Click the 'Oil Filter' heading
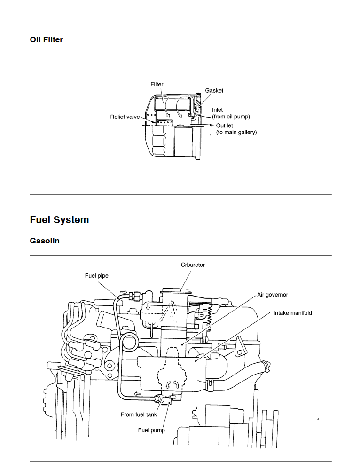pyautogui.click(x=47, y=40)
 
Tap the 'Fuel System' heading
pyautogui.click(x=60, y=220)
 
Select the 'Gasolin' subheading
pyautogui.click(x=45, y=241)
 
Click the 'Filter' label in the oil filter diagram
pyautogui.click(x=157, y=85)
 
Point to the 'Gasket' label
pyautogui.click(x=214, y=91)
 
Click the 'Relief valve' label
pyautogui.click(x=125, y=117)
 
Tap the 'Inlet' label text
pyautogui.click(x=217, y=110)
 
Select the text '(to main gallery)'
pyautogui.click(x=236, y=133)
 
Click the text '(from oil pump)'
pyautogui.click(x=231, y=117)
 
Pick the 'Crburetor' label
pyautogui.click(x=193, y=265)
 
